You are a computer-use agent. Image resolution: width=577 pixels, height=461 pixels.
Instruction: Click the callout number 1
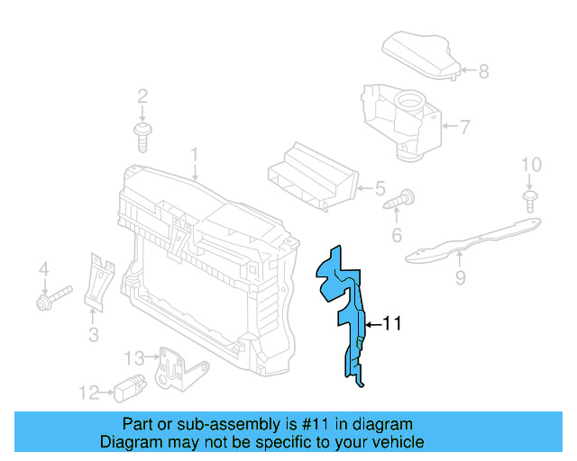tap(193, 157)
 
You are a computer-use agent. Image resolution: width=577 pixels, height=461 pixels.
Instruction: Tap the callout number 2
tap(142, 96)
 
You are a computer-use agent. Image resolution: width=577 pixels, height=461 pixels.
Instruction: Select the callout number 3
tap(93, 336)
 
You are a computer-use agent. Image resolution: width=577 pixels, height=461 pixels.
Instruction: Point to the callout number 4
tap(41, 269)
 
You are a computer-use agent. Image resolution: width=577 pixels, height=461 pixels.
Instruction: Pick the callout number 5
tap(380, 189)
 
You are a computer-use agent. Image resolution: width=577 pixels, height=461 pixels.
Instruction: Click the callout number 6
tap(396, 237)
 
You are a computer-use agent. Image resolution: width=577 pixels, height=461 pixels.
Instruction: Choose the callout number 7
tap(464, 127)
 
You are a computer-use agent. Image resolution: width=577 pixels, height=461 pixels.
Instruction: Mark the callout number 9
tap(460, 279)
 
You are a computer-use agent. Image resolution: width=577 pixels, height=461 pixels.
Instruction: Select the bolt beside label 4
tap(51, 298)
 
